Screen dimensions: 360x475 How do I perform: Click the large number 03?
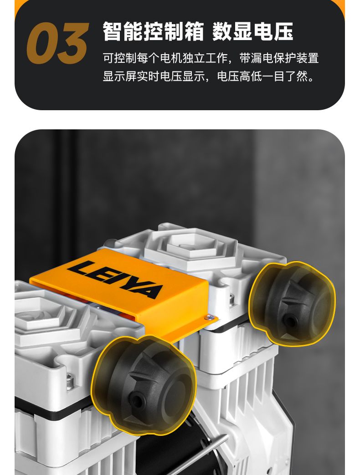57,43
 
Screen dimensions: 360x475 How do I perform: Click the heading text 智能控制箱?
153,31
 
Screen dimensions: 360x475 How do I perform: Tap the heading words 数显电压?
253,31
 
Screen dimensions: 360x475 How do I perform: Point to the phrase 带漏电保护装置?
279,58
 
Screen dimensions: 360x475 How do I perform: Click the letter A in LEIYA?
149,291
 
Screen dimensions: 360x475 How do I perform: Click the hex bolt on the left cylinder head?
70,381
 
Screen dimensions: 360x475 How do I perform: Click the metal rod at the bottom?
206,455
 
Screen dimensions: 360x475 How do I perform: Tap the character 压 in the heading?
283,31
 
